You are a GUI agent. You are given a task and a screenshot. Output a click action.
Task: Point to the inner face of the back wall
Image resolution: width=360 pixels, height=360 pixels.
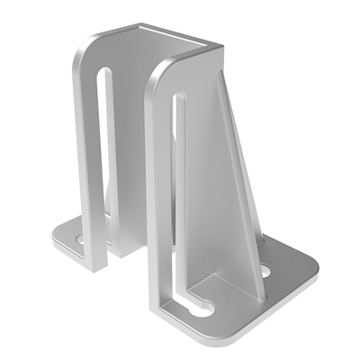coord(135,135)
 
